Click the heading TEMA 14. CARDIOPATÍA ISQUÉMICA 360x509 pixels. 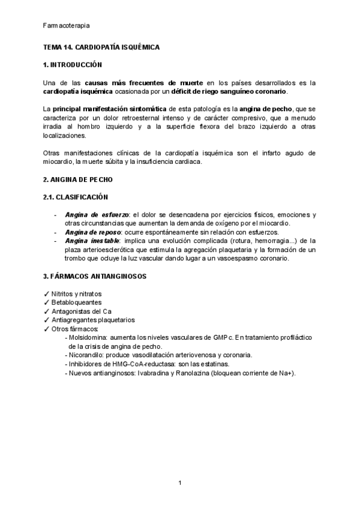[102, 46]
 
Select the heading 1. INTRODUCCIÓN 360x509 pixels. [73, 65]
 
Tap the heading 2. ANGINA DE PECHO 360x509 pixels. [78, 179]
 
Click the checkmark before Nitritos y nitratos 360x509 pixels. [47, 294]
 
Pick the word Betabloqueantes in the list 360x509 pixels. [76, 303]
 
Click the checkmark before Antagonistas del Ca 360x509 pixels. [47, 312]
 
